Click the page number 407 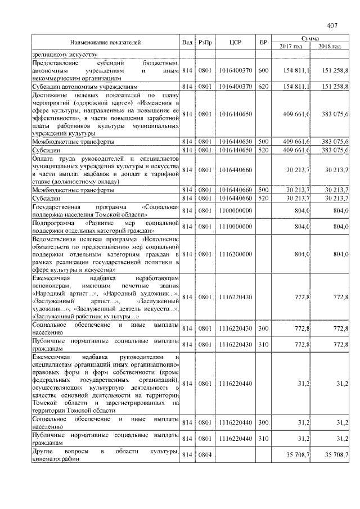331,25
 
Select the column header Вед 187,42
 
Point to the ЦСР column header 235,42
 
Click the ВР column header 263,42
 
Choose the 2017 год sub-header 291,46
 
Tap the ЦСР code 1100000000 235,210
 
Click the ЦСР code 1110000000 235,227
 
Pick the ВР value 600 263,70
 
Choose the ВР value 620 263,87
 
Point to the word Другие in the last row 43,452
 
